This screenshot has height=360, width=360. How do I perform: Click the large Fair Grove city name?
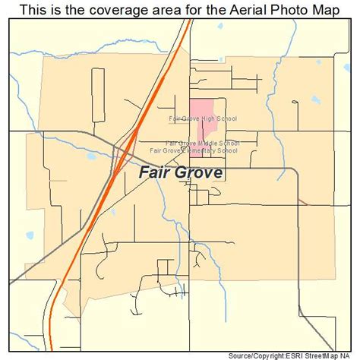pos(181,172)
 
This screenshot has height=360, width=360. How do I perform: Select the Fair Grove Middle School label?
pos(202,143)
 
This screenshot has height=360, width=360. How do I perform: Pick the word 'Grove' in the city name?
pos(198,172)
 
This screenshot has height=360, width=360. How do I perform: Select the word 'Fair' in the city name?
pos(154,172)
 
